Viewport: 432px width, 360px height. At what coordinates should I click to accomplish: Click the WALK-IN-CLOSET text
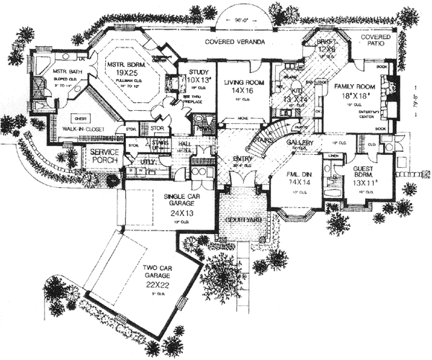71,130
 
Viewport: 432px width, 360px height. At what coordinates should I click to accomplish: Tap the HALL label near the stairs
184,144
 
